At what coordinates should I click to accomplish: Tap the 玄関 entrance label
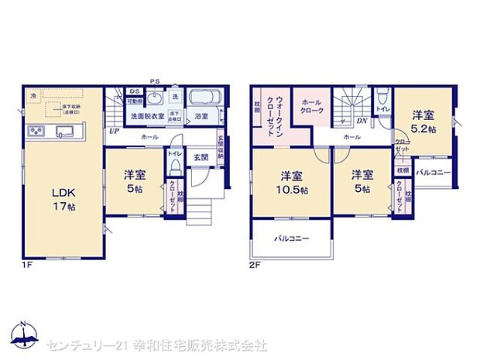(201, 157)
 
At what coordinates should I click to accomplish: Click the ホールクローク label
(312, 108)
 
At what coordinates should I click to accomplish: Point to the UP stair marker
(114, 132)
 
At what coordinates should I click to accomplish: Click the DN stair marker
(361, 122)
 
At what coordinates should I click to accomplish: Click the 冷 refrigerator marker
(33, 95)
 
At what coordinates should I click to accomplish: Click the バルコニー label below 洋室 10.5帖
(291, 238)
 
